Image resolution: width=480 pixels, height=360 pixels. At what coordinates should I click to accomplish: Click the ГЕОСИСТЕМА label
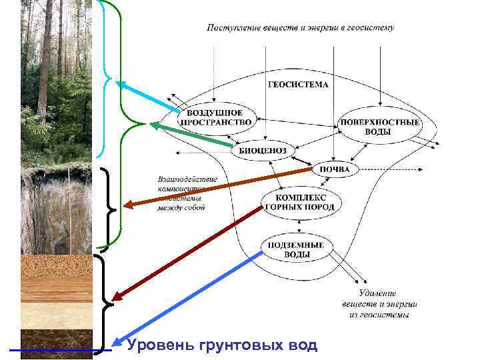pyautogui.click(x=298, y=85)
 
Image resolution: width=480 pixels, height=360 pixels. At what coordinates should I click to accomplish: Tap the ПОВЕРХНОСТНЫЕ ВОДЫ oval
pyautogui.click(x=379, y=127)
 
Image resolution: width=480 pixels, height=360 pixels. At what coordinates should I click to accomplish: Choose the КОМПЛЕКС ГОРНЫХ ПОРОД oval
pyautogui.click(x=300, y=203)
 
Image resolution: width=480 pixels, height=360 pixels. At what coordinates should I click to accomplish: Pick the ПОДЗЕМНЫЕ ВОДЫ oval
pyautogui.click(x=295, y=251)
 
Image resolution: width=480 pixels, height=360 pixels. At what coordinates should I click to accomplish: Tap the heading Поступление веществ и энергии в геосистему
pyautogui.click(x=300, y=28)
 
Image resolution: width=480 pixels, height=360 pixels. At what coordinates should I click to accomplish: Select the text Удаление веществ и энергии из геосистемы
pyautogui.click(x=377, y=303)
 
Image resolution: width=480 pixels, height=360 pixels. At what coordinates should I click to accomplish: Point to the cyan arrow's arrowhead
pyautogui.click(x=119, y=84)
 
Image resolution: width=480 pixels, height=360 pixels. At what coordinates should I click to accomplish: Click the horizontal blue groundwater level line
pyautogui.click(x=60, y=350)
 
